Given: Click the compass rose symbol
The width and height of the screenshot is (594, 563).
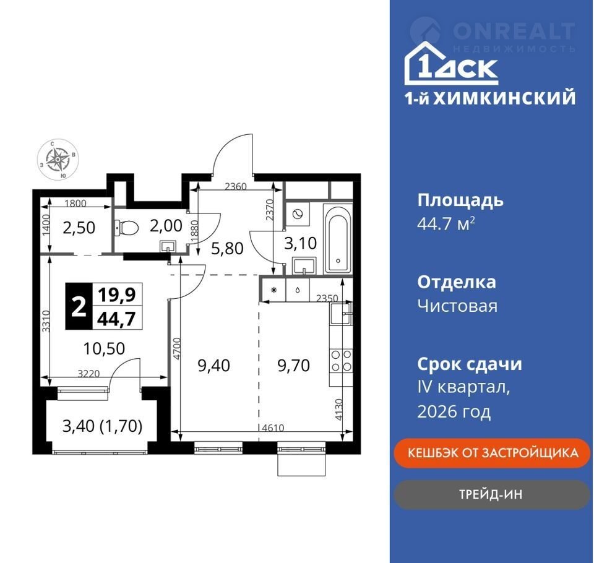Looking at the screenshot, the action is (58, 159).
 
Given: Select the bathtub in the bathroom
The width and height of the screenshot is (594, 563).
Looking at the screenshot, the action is (338, 239).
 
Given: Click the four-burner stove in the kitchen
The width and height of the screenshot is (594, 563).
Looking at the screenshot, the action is (342, 361).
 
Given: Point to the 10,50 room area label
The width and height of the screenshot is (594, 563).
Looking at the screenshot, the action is (104, 348).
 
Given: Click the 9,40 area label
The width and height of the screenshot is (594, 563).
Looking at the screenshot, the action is (213, 366).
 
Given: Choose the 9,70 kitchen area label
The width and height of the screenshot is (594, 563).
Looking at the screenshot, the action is (293, 366).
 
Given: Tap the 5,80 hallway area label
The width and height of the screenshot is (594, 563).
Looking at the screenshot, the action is (227, 249).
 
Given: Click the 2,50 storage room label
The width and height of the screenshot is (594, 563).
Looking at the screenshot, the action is (79, 228).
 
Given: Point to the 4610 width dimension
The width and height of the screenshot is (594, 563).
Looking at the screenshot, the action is (273, 428).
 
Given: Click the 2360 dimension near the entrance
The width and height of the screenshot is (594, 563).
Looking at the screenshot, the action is (236, 186).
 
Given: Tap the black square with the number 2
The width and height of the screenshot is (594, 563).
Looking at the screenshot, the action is (79, 306).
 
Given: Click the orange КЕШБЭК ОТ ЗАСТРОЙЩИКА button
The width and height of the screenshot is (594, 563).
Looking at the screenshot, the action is (492, 453).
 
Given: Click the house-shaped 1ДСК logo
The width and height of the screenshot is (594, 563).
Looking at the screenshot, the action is (451, 63).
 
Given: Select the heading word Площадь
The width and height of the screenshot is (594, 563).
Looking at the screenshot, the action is (460, 200).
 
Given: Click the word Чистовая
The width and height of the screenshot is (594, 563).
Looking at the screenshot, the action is (457, 306).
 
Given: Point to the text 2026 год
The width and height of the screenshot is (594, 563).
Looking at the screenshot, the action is (454, 411).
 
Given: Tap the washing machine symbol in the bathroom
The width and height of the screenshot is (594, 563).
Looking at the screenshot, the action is (298, 213).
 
